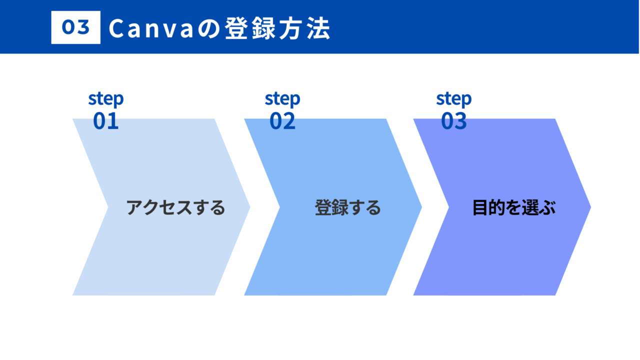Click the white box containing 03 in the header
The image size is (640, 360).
pos(75,27)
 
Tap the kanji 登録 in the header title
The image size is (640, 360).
pos(250,28)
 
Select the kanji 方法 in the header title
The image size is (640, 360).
pos(304,28)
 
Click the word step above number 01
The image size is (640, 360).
pos(106,99)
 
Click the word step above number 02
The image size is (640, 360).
pos(282,99)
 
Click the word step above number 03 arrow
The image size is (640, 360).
pos(454,99)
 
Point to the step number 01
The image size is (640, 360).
pos(105,121)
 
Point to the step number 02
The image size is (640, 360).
pos(282,121)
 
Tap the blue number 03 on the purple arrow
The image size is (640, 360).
pos(454,121)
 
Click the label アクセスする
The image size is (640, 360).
pos(175,207)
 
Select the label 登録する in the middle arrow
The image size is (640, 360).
pos(347,207)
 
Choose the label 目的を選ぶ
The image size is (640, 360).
pos(514,207)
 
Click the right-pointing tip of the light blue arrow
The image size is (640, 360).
pos(250,207)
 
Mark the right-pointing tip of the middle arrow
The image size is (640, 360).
pos(421,207)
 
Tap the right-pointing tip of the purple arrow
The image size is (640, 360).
pos(590,207)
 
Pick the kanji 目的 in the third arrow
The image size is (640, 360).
pos(489,207)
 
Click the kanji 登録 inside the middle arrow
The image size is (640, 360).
pos(331,207)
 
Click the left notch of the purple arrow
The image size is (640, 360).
pos(449,207)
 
